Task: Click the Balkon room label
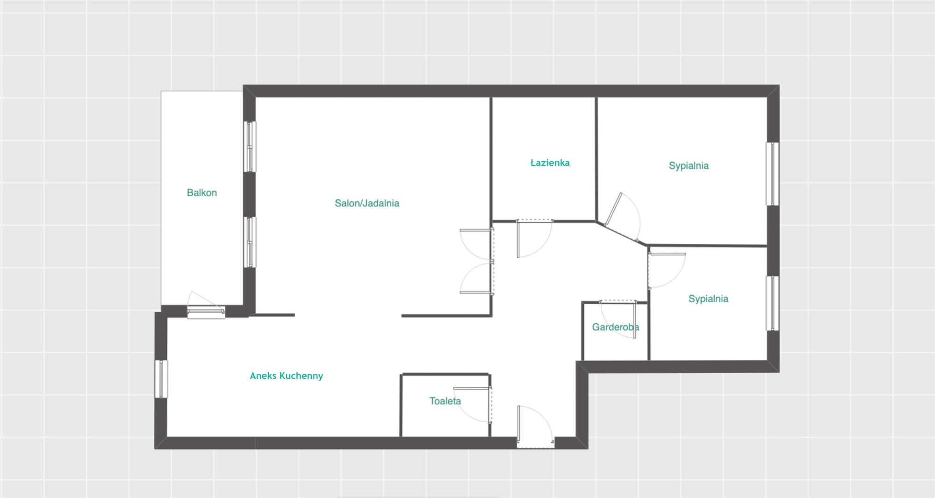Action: pos(202,192)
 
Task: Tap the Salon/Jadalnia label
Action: pos(367,203)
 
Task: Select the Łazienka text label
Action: pos(550,163)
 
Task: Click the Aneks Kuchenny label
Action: pos(287,376)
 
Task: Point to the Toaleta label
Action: pos(445,401)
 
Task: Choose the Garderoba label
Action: pos(615,327)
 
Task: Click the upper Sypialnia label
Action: pos(689,165)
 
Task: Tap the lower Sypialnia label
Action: pos(708,299)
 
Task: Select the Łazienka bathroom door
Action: pos(534,238)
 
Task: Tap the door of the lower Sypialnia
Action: pos(667,270)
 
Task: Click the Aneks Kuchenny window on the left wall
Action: pos(161,379)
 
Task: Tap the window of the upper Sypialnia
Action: pos(773,174)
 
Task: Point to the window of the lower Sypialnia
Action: pos(773,303)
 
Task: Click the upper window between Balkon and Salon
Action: pos(250,147)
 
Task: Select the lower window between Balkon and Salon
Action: pos(250,242)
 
